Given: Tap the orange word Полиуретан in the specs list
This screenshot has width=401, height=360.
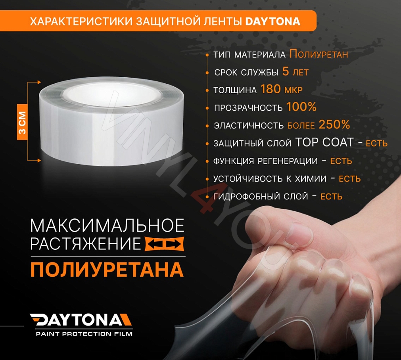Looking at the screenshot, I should click(318, 54).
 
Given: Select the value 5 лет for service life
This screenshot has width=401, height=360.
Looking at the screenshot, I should click(295, 72).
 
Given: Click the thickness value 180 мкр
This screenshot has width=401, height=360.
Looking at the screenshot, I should click(281, 90).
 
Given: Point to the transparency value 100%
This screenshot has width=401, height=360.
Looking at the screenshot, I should click(301, 107).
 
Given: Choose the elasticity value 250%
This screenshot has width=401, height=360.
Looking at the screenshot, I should click(334, 125).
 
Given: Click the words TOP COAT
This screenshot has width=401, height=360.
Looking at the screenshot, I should click(324, 143).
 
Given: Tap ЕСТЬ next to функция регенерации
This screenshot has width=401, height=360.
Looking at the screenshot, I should click(341, 161).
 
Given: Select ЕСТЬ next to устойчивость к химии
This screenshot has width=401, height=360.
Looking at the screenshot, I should click(349, 179).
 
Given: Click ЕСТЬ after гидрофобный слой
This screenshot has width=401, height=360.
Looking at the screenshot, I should click(331, 196).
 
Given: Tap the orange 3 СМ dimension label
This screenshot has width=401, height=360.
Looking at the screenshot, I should click(22, 123).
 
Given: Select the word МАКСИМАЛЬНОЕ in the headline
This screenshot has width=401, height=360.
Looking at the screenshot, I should click(107, 226).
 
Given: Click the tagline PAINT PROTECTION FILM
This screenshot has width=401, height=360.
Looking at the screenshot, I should click(84, 334).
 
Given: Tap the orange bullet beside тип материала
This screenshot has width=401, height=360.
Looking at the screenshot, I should click(207, 55).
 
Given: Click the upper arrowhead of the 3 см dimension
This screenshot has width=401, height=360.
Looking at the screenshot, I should click(39, 82).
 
